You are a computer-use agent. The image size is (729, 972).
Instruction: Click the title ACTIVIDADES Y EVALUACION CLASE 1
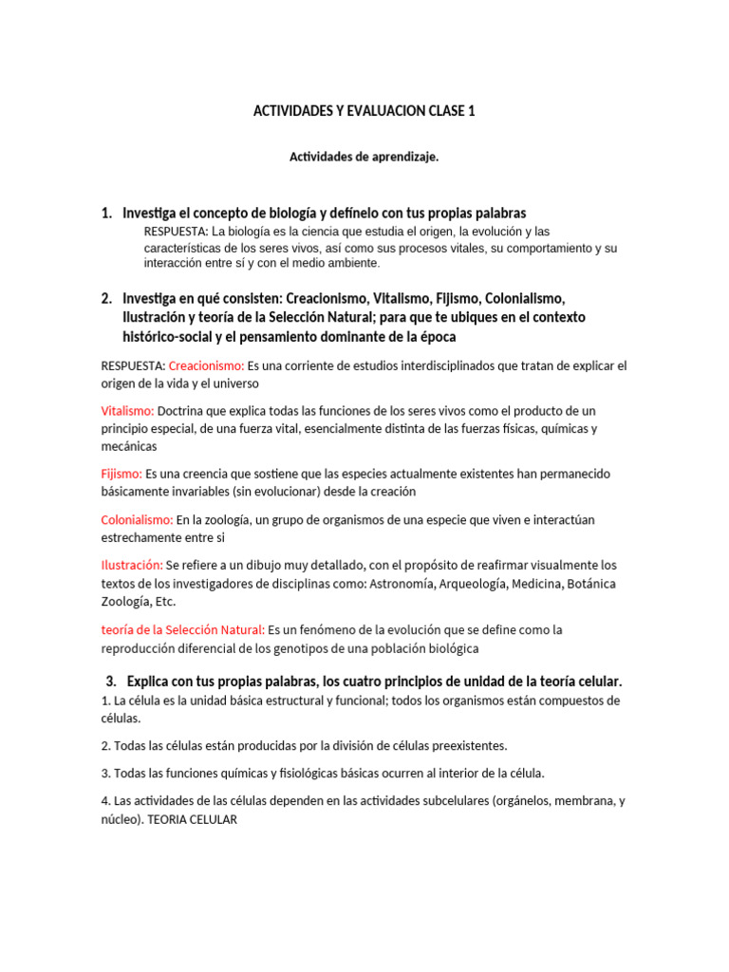[364, 111]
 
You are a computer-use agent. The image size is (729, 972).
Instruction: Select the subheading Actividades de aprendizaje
[364, 158]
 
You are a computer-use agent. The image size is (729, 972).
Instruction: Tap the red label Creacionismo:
[206, 365]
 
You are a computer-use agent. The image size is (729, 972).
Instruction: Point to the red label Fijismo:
[121, 474]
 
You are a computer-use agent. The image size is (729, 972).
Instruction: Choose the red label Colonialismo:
[137, 520]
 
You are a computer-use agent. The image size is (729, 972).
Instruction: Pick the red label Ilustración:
[132, 566]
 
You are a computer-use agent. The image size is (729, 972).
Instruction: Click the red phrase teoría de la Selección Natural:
[182, 629]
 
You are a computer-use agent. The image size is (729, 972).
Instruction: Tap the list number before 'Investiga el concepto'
[106, 214]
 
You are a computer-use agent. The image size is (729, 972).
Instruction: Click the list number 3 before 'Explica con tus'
[111, 682]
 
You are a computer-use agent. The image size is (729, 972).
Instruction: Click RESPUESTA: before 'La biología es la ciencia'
[176, 232]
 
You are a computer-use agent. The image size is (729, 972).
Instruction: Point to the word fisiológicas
[299, 774]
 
